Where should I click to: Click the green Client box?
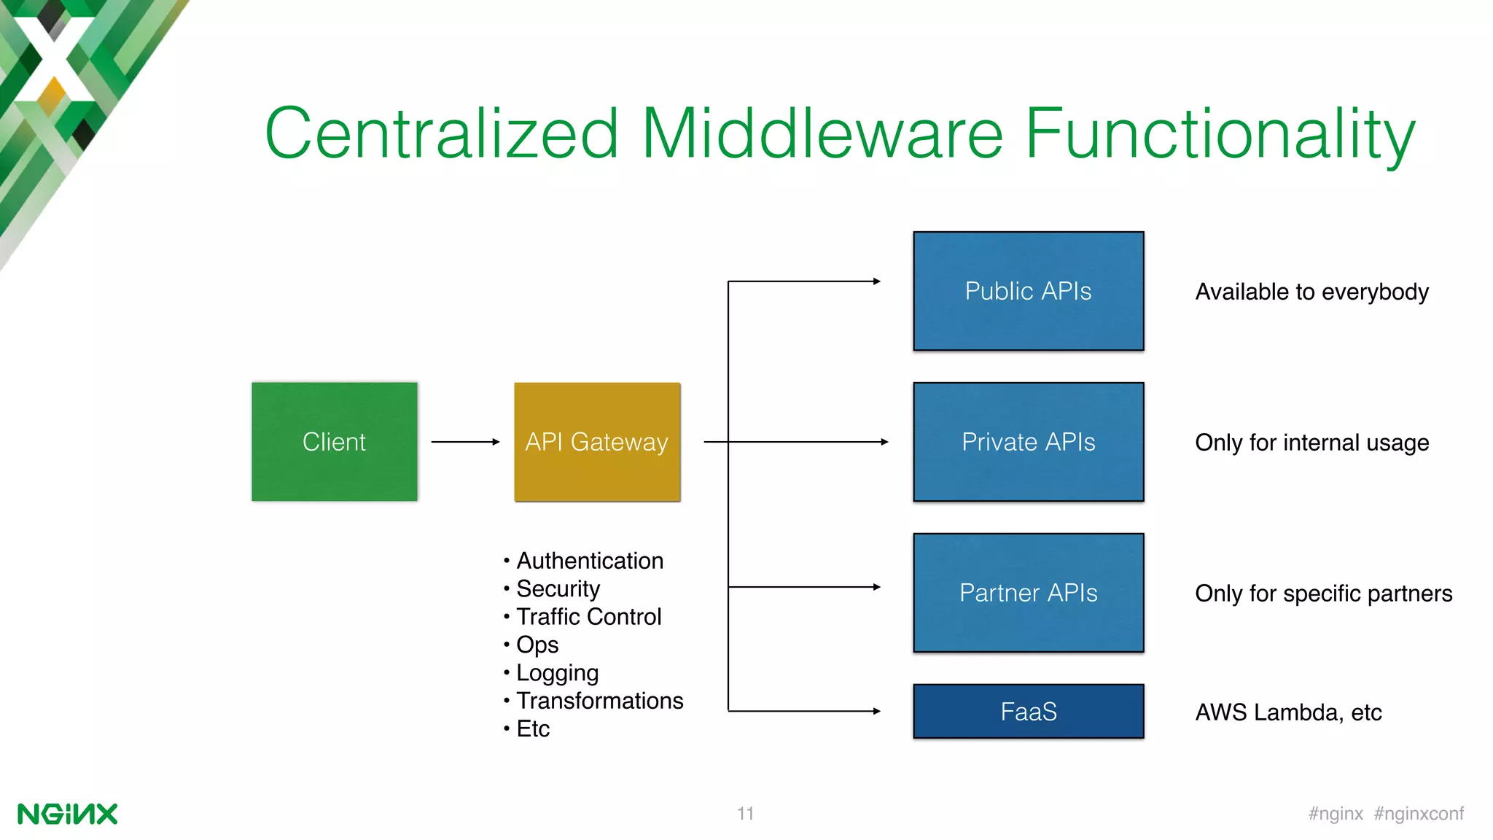[x=334, y=441]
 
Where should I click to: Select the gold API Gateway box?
[x=597, y=441]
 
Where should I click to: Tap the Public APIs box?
[x=1028, y=291]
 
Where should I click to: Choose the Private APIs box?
[x=1028, y=441]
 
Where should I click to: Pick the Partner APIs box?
[x=1028, y=592]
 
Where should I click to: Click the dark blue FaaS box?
[x=1028, y=711]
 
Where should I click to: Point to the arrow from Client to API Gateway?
[x=465, y=442]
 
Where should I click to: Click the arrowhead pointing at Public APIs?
[x=876, y=281]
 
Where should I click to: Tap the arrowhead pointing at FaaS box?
[x=876, y=711]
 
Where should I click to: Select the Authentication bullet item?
[x=589, y=561]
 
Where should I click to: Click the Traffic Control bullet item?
[x=588, y=617]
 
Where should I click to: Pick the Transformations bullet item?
[x=599, y=701]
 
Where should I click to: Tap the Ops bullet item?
[x=537, y=645]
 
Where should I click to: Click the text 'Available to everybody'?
[x=1311, y=292]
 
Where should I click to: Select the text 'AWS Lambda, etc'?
[x=1288, y=712]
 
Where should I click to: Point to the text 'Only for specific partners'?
[x=1323, y=594]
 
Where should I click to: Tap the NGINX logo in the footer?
[x=67, y=814]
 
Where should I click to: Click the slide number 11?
[x=745, y=814]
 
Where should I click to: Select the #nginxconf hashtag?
[x=1419, y=814]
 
